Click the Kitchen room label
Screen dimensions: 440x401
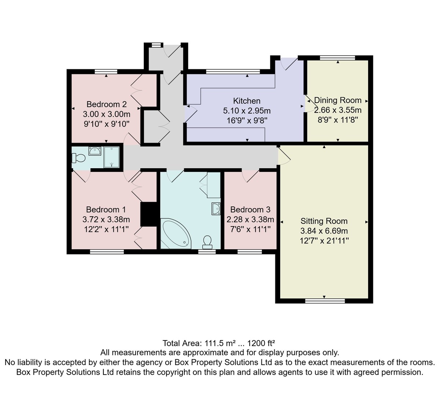coord(247,101)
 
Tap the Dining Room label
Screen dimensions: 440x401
coord(338,100)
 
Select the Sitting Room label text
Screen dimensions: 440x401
coord(324,221)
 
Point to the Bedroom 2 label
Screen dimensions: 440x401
coord(107,104)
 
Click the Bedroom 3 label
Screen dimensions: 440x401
coord(250,210)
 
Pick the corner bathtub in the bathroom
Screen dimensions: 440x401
coord(176,233)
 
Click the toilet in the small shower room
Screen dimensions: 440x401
coord(78,158)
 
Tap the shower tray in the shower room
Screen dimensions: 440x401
coord(111,157)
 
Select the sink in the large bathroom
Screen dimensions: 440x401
coord(216,209)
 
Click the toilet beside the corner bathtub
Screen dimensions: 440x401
coord(207,242)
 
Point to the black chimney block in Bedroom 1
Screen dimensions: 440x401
coord(148,214)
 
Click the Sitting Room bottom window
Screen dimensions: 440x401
coord(325,301)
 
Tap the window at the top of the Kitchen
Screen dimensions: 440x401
coord(233,71)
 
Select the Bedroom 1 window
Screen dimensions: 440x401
coord(107,251)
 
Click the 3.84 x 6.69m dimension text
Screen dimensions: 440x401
coord(324,231)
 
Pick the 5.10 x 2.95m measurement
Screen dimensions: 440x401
coord(247,111)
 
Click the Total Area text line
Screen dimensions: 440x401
coord(219,343)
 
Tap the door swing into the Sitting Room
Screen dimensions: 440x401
coord(284,156)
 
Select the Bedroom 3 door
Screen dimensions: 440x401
coord(250,177)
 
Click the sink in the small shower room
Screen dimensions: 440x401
coord(95,151)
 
